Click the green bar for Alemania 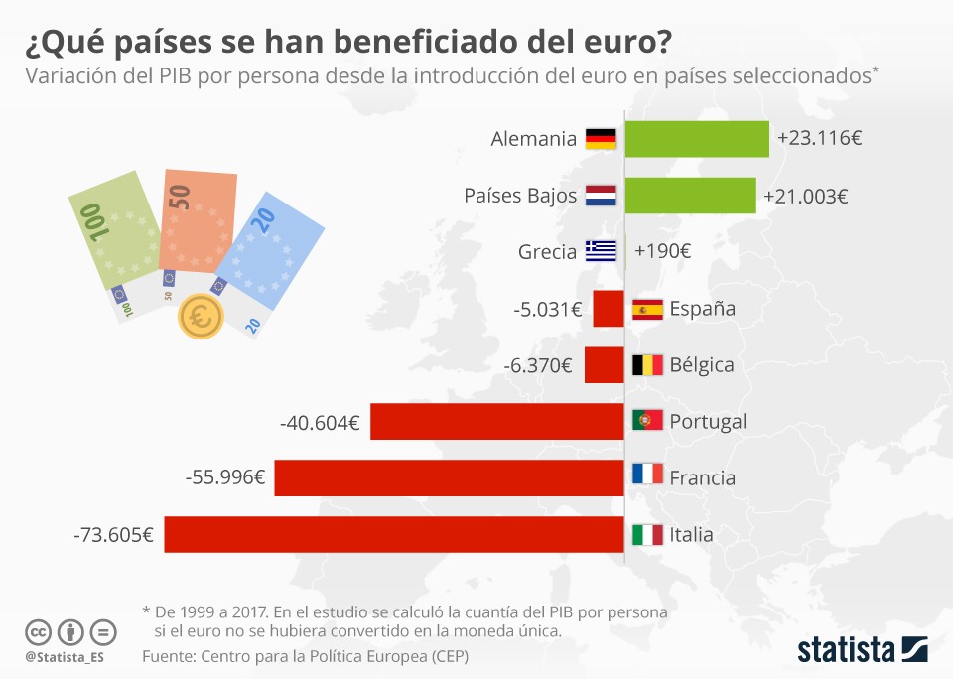click(x=697, y=138)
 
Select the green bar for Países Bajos click(x=690, y=196)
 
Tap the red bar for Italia click(x=394, y=534)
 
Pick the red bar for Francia click(x=449, y=477)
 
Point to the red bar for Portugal click(x=496, y=421)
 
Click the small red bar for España click(x=608, y=308)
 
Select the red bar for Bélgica click(x=604, y=364)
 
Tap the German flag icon click(x=601, y=139)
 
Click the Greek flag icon click(x=601, y=251)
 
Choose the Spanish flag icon click(x=647, y=309)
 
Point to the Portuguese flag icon click(x=647, y=421)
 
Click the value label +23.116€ click(x=819, y=139)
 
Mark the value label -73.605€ click(x=113, y=535)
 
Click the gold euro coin click(x=201, y=318)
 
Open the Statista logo click(x=862, y=650)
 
